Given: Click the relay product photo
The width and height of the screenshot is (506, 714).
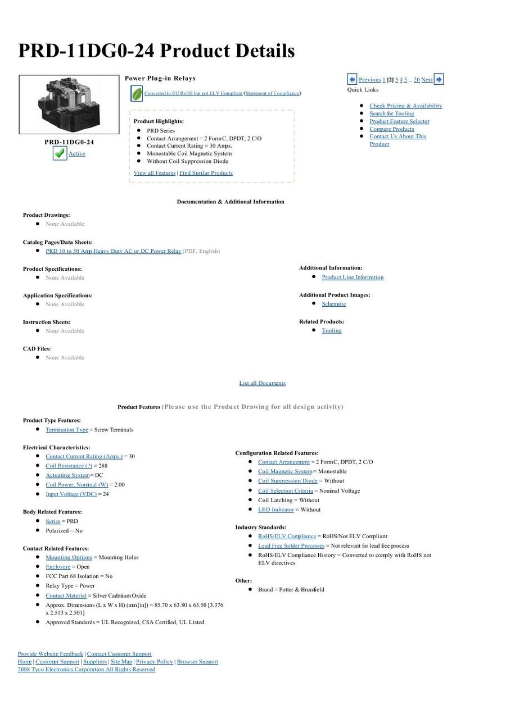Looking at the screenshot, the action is pos(69,104).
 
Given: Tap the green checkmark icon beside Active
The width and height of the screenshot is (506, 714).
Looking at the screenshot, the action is pos(60,153).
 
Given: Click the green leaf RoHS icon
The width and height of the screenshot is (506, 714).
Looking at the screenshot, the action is pos(137,94).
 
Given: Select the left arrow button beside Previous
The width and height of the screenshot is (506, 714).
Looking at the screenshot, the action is pos(352,79).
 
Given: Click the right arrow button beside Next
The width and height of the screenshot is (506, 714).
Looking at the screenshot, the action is pos(439,79).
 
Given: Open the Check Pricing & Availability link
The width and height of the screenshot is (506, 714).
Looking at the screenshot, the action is pos(405,106).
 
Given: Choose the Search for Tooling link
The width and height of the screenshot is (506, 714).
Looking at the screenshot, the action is pos(391,113).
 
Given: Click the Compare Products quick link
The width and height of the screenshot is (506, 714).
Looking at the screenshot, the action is pos(391,129).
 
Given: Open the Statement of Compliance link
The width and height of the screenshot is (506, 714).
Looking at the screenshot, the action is pos(272,93).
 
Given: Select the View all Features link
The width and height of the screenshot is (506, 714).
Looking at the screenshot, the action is pos(155,173).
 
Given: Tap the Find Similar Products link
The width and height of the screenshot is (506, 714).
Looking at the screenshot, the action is pos(206,173).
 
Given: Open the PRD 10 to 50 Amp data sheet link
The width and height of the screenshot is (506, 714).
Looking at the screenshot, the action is pos(113,251).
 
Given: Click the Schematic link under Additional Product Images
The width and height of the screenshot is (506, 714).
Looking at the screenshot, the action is pos(334,304).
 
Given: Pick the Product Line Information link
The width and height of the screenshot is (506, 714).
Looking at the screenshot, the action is pos(353,277).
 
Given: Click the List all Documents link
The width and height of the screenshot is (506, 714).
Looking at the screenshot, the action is pos(262,383).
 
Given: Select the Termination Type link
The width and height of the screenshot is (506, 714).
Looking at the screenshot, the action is pos(67,429).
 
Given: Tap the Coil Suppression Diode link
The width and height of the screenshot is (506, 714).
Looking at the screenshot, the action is pos(287,480).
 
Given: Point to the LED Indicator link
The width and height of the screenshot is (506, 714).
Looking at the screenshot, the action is pos(275,510).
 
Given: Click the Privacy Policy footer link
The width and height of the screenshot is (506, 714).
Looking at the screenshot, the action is pos(155,661).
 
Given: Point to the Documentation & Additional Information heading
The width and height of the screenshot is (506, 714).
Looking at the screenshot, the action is pos(231,202).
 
